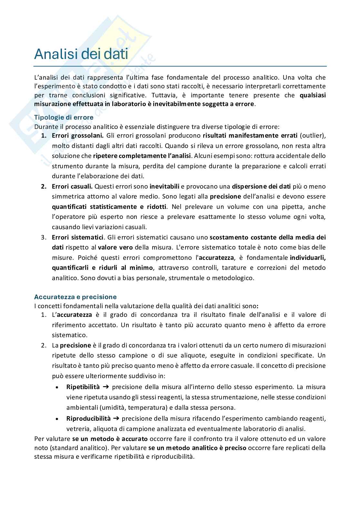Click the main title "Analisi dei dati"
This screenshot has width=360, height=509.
[x=81, y=54]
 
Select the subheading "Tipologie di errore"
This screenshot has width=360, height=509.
[x=64, y=117]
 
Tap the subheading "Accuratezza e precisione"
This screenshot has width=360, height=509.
[x=75, y=297]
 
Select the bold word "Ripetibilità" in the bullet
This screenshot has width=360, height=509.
[x=83, y=387]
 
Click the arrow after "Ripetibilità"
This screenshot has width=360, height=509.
[x=106, y=387]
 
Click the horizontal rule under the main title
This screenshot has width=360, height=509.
[x=180, y=66]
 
